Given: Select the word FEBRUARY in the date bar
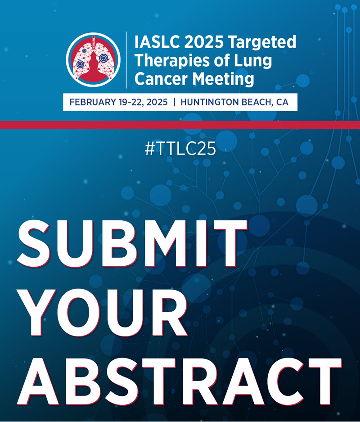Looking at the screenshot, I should tap(93, 103).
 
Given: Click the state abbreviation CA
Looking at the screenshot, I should tap(283, 103).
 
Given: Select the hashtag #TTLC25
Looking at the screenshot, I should tap(180, 150).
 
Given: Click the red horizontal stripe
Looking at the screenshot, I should tap(180, 125).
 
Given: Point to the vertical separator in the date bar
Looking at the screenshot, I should tap(174, 103).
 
